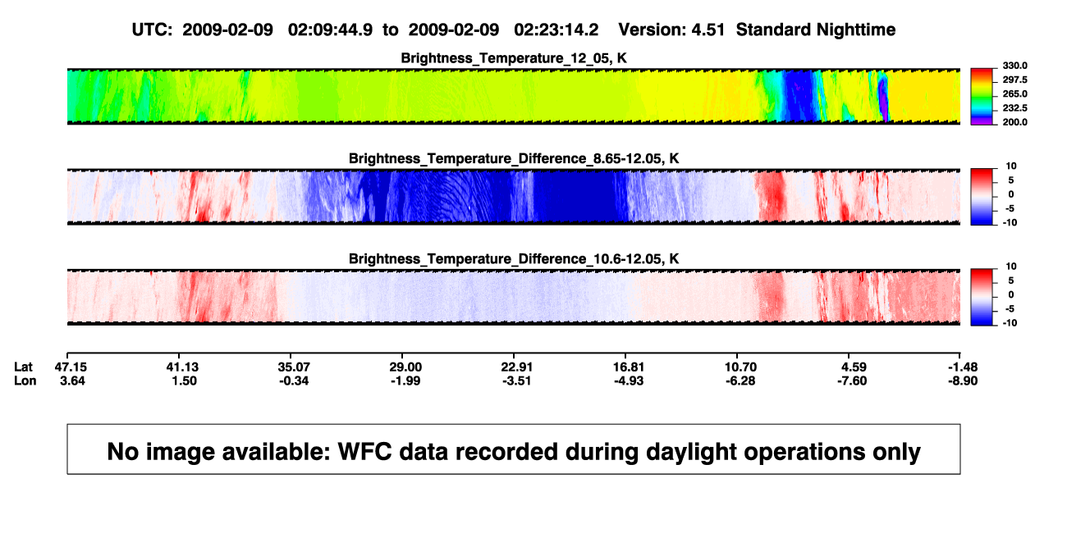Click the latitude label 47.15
coord(71,367)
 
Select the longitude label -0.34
coord(294,381)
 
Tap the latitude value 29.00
coord(405,367)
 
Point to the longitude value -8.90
coord(963,381)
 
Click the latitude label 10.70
coord(740,367)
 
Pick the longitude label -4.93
coord(628,381)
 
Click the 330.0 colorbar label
coord(1014,66)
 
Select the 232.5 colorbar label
coord(1014,108)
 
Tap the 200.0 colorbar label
coord(1014,122)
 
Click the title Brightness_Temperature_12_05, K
coord(514,58)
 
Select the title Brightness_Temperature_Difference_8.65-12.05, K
coord(514,158)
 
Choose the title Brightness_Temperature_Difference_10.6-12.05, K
coord(514,259)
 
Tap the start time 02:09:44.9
coord(330,30)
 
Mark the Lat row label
coord(23,367)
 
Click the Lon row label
coord(25,381)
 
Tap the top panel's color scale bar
coord(982,97)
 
